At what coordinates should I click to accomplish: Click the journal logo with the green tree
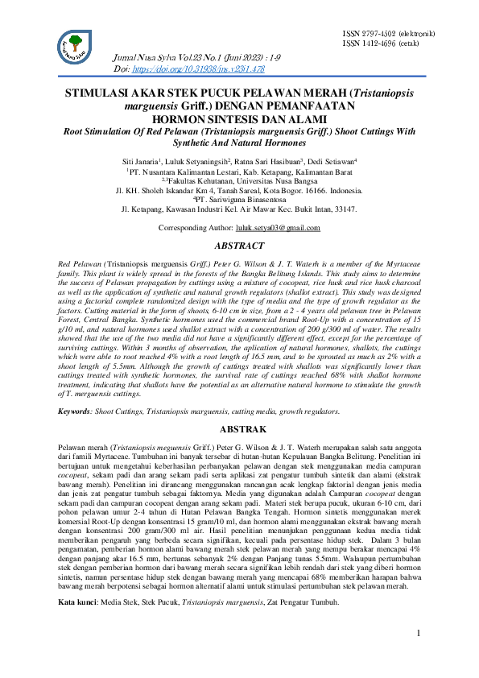click(x=76, y=46)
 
